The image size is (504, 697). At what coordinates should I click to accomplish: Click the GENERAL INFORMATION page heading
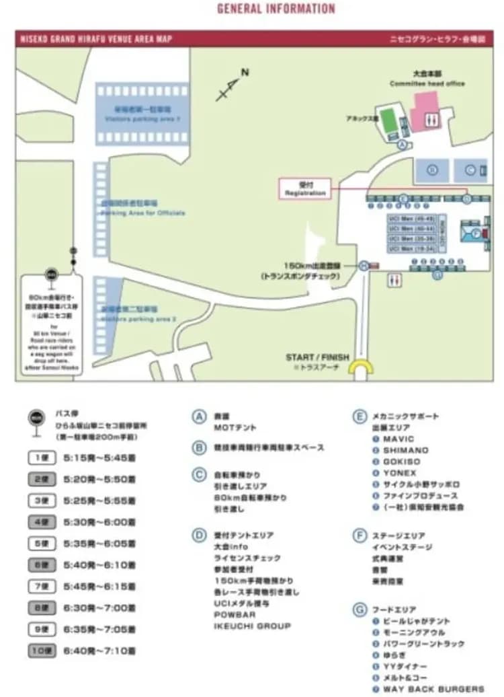[x=276, y=9]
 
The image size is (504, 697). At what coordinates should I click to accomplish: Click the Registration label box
[x=305, y=188]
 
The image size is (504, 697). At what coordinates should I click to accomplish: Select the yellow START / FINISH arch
[x=364, y=370]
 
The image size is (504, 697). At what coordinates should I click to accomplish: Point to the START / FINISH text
[x=317, y=357]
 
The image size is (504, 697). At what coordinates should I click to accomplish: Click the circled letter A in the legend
[x=199, y=416]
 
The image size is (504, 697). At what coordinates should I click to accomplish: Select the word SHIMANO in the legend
[x=405, y=450]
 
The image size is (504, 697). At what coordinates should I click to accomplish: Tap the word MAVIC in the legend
[x=398, y=439]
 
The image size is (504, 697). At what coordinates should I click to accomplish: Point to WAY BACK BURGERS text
[x=433, y=688]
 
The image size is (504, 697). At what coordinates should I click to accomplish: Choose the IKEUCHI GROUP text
[x=252, y=626]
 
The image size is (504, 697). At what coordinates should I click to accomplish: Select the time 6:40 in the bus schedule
[x=76, y=651]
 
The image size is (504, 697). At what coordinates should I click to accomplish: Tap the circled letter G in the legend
[x=359, y=610]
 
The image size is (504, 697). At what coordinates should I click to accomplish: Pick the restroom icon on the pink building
[x=433, y=119]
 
